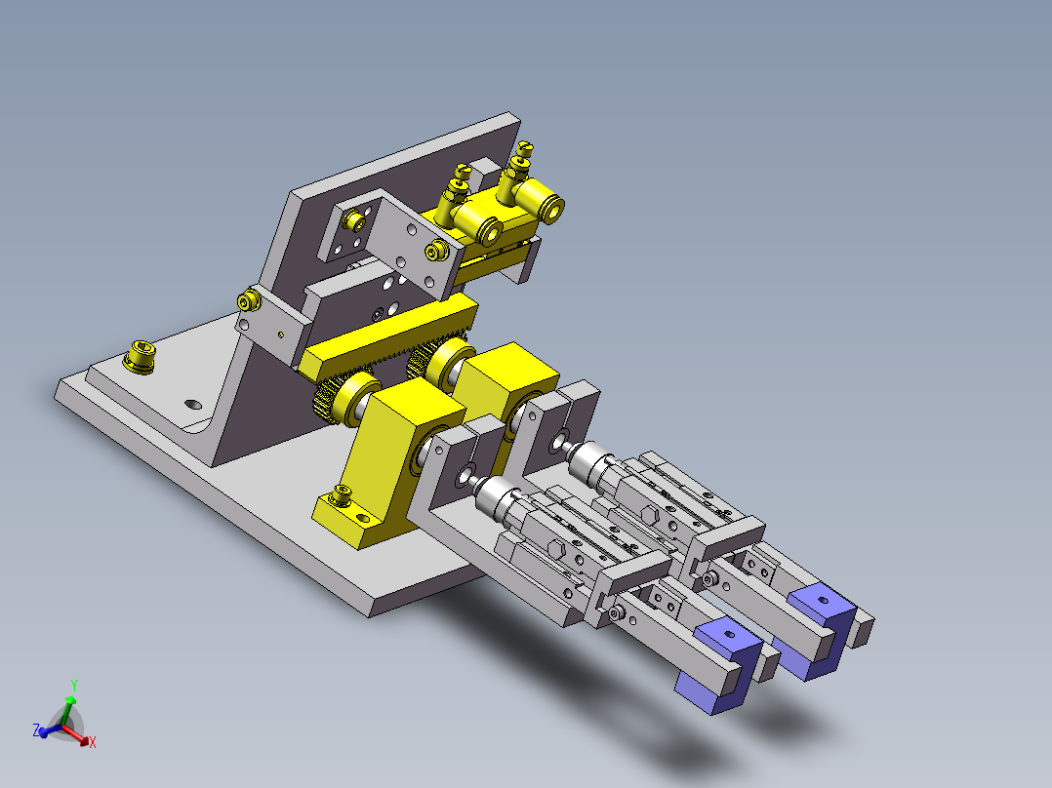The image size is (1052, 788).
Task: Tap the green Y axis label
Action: (73, 686)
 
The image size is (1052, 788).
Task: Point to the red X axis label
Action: (92, 742)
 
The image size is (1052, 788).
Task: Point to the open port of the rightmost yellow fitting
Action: (552, 208)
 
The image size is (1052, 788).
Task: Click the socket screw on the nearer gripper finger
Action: (617, 613)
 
